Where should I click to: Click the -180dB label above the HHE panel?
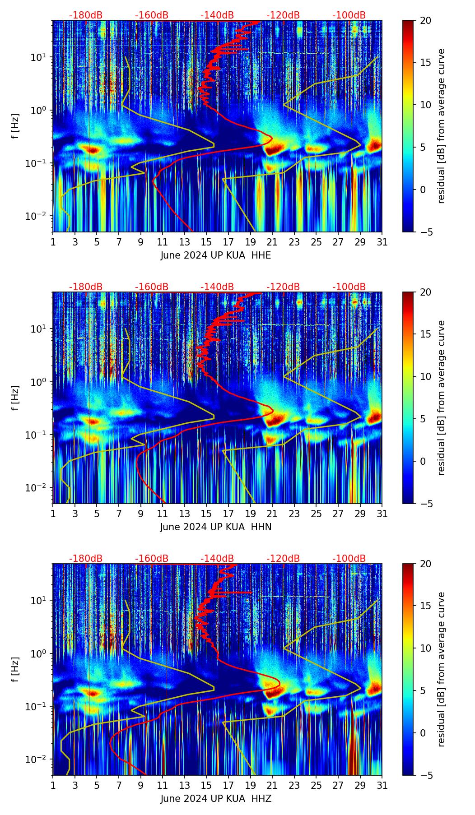point(86,16)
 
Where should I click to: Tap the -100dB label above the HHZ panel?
point(349,559)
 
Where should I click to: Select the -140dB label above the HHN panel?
point(217,287)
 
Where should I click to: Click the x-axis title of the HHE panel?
point(216,255)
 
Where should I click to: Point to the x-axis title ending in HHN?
point(216,527)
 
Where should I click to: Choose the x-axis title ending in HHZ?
point(216,799)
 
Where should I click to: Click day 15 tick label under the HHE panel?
point(206,242)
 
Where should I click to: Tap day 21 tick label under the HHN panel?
point(272,514)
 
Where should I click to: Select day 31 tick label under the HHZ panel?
point(382,786)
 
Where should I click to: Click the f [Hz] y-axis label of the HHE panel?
point(15,126)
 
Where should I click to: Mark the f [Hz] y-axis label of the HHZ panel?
point(15,670)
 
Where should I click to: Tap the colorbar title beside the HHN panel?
point(442,398)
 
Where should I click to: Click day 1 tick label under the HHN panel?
point(53,514)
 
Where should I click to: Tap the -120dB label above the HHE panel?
point(283,16)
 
